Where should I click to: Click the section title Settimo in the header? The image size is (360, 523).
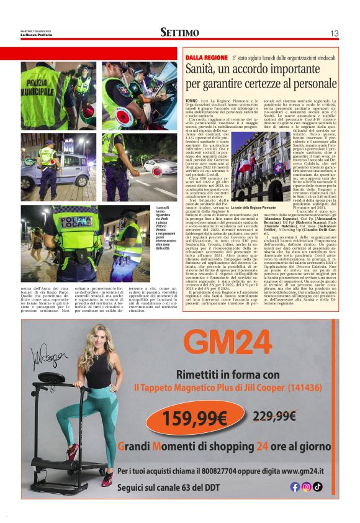pos(180,32)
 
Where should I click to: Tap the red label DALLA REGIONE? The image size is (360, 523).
pos(206,57)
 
